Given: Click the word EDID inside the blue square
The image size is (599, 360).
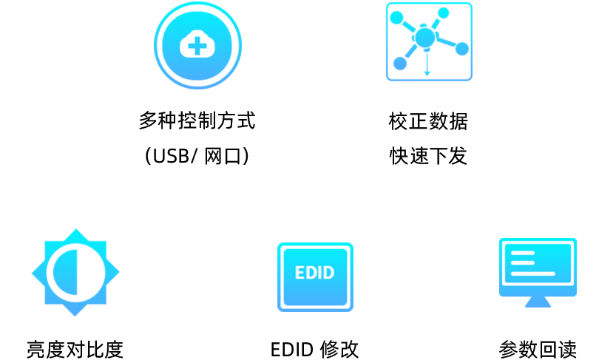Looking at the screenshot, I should point(314,273).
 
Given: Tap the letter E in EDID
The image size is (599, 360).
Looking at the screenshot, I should point(299,273).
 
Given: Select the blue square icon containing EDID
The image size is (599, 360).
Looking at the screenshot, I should point(315,276).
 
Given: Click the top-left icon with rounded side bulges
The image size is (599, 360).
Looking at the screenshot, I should point(197,45).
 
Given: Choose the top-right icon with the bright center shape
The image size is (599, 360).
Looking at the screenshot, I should point(428,41).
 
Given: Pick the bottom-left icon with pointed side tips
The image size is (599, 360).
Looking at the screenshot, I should point(74,273).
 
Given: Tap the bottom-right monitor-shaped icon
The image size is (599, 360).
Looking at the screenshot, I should point(538,271).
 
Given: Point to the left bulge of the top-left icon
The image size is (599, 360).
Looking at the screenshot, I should point(158,44).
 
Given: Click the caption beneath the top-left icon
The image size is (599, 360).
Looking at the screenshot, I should point(197,137).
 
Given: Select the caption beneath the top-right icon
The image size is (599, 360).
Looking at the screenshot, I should point(429,137).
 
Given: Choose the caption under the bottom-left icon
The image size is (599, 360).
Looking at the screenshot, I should point(74,349).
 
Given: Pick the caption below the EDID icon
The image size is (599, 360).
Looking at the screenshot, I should point(314,349).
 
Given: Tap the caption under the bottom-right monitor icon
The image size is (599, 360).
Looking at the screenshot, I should point(538,349).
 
